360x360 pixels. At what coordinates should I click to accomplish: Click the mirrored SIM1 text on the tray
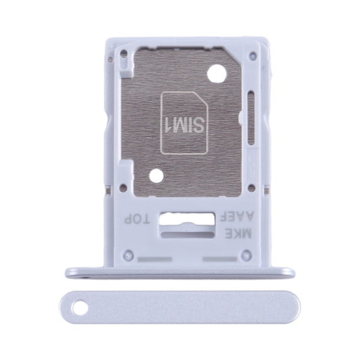tap(184, 126)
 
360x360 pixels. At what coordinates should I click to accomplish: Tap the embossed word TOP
tap(137, 220)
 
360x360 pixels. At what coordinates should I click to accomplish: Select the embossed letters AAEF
tap(236, 217)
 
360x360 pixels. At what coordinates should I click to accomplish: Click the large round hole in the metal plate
tap(217, 74)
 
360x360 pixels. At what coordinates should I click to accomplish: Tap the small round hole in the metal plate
tap(156, 176)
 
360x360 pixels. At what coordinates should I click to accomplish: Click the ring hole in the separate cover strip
tap(80, 307)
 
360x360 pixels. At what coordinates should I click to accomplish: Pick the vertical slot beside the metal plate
tap(251, 118)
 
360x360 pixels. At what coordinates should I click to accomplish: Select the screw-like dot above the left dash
tap(128, 255)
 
